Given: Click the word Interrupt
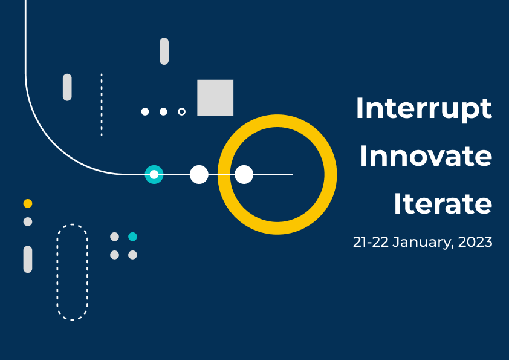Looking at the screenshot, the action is point(424,109).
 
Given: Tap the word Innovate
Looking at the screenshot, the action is point(426,156).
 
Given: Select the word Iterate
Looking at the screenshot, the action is point(443,204).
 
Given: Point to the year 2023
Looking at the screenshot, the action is point(475,242).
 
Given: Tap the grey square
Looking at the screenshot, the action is point(215,98).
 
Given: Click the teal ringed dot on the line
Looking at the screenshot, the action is point(154,174).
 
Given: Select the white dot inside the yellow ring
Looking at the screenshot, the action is point(244,174).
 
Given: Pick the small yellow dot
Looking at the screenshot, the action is point(28,203).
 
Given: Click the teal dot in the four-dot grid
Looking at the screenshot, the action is point(132,237).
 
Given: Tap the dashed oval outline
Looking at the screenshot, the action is point(57,272).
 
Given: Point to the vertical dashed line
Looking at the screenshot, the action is point(102,105).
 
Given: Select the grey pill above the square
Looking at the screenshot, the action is point(164,51).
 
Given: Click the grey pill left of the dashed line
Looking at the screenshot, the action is point(67,87).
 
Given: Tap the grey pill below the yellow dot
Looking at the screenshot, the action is point(28,260).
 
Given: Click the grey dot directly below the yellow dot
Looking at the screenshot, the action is point(28,221).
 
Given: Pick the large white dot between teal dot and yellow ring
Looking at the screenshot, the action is point(199,174).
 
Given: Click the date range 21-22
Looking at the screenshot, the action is point(371,242).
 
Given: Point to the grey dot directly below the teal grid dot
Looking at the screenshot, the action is point(132,255).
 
